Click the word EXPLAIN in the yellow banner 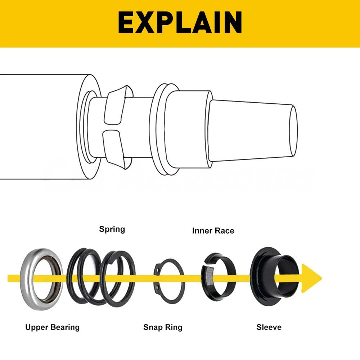(x=180, y=22)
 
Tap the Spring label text (x=112, y=229)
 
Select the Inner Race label (x=213, y=231)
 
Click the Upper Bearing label (x=53, y=327)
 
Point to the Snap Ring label (x=163, y=327)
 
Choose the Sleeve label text (x=269, y=327)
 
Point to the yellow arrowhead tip (x=321, y=279)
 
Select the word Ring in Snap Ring (x=174, y=328)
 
